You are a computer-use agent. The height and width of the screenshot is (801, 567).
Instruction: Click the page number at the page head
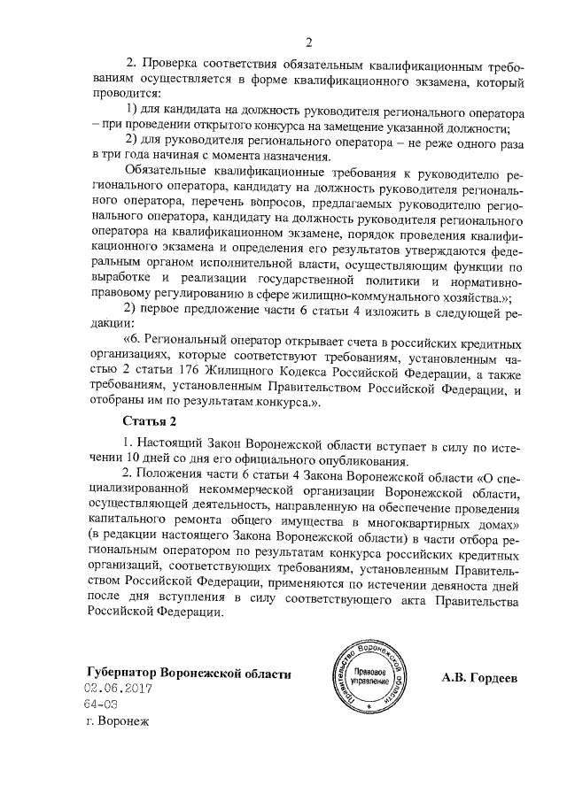click(309, 42)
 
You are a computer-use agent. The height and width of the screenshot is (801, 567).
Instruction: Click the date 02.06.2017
click(120, 688)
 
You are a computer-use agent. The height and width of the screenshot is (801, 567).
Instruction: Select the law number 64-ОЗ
click(101, 704)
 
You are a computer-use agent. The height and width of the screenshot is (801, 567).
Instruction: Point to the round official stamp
click(364, 679)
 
